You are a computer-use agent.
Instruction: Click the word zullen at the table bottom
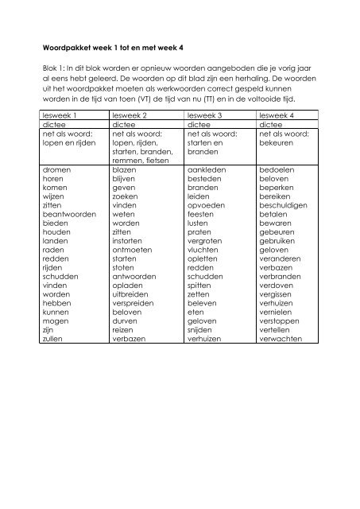[x=52, y=338]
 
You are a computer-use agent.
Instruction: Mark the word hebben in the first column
[x=55, y=303]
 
